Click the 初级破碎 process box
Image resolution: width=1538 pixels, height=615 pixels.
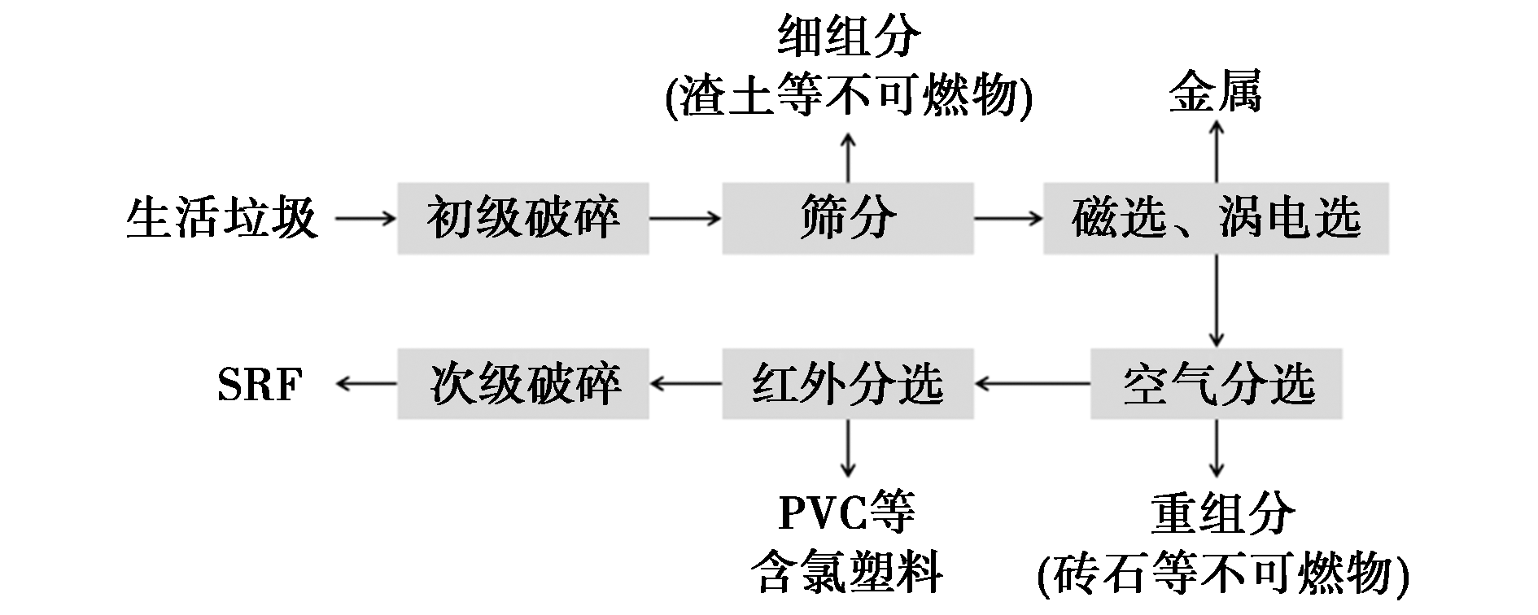click(522, 218)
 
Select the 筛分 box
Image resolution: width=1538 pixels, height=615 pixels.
click(847, 218)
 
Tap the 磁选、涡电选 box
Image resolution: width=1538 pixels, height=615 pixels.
click(1216, 218)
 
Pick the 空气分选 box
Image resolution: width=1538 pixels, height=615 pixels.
click(1216, 384)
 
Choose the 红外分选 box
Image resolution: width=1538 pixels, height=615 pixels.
click(847, 384)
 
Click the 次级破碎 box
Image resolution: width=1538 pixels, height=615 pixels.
click(522, 384)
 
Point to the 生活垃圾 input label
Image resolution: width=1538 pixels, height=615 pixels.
click(221, 218)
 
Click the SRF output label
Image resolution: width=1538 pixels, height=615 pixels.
click(260, 384)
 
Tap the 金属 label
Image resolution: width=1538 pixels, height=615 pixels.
click(1215, 91)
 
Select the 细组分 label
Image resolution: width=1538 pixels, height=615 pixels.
click(848, 37)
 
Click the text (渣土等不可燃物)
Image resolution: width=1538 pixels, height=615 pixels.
click(848, 96)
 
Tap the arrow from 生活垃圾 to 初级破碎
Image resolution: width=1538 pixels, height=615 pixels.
click(365, 218)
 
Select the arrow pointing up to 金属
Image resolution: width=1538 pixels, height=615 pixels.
click(1216, 151)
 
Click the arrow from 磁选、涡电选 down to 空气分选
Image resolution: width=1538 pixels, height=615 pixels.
click(1216, 301)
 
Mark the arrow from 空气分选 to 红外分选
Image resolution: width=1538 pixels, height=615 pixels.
click(1032, 384)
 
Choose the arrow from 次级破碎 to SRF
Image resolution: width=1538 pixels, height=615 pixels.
click(365, 384)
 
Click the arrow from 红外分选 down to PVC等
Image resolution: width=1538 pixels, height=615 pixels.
click(848, 447)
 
